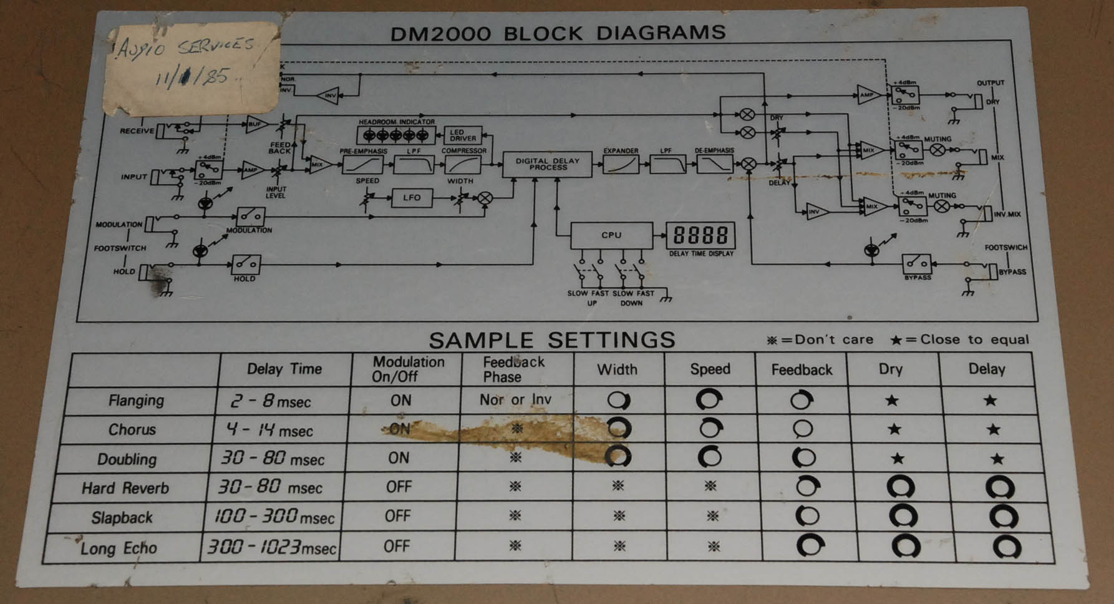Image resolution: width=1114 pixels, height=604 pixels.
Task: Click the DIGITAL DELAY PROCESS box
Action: [x=547, y=164]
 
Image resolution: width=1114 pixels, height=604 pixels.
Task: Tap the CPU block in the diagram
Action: [x=611, y=235]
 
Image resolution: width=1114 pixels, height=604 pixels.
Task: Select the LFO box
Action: [x=412, y=198]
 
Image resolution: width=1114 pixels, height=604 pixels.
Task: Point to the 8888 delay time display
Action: [x=700, y=236]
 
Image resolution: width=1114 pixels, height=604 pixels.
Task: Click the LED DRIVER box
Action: [x=463, y=135]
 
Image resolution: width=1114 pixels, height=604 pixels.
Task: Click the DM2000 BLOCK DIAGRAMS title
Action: [x=558, y=32]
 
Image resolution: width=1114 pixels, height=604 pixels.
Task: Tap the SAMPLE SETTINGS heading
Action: [x=552, y=340]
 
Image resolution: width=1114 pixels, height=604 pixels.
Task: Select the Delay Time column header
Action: [x=284, y=369]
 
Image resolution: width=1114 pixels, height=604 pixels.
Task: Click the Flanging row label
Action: [x=136, y=400]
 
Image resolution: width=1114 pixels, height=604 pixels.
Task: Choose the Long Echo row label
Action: [x=119, y=548]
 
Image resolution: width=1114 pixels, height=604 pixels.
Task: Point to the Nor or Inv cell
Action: [x=515, y=399]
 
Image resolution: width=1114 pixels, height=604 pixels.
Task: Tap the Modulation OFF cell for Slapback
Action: [x=397, y=516]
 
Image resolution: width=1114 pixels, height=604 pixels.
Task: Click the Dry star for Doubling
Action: [x=897, y=459]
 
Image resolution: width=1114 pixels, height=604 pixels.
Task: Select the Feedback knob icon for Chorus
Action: [x=802, y=429]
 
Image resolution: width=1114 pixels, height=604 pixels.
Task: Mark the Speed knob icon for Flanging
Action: [x=709, y=399]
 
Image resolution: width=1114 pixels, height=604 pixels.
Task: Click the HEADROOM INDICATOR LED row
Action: [x=396, y=135]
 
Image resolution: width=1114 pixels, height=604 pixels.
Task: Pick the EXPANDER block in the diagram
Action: [x=621, y=164]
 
